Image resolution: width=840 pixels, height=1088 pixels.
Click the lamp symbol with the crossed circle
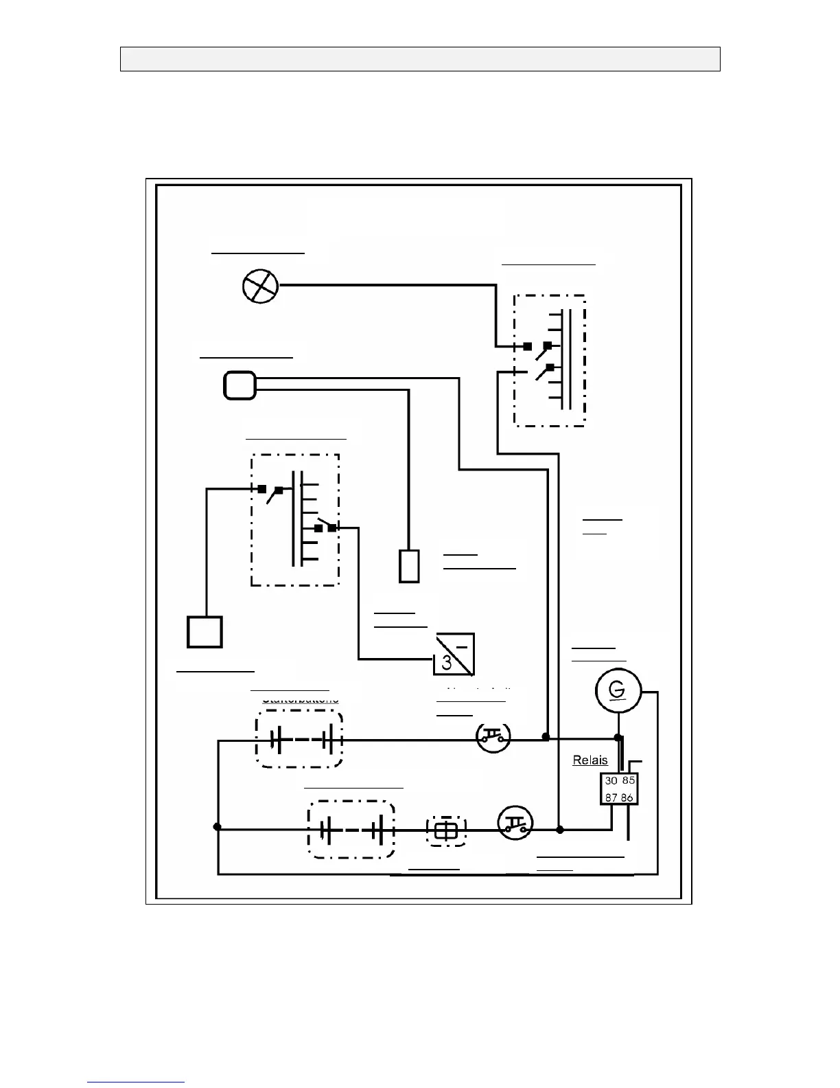261,286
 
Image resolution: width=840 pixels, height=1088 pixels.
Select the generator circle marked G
618,690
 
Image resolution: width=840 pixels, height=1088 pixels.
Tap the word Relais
590,760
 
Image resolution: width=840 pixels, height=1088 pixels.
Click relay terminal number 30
611,780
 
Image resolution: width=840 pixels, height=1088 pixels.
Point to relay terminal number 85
628,780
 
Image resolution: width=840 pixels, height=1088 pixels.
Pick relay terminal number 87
611,797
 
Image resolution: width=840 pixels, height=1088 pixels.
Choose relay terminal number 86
627,797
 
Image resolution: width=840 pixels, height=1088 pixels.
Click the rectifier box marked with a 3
454,654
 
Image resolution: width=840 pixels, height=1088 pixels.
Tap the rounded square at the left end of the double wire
240,385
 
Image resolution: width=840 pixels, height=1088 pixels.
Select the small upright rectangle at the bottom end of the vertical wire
409,566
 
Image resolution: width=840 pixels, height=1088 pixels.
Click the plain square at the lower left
205,632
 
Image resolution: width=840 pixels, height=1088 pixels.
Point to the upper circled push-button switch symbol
493,738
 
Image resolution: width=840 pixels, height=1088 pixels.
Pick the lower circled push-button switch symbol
515,823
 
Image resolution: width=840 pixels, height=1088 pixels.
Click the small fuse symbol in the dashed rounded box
446,831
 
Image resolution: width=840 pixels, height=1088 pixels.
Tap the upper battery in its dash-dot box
299,740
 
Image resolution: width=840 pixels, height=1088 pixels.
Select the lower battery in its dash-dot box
351,830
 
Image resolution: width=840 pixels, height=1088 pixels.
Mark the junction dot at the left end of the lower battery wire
218,826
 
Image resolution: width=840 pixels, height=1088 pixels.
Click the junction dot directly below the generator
618,738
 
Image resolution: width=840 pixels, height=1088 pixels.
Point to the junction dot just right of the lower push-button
559,830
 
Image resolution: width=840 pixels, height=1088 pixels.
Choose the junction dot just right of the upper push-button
546,736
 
